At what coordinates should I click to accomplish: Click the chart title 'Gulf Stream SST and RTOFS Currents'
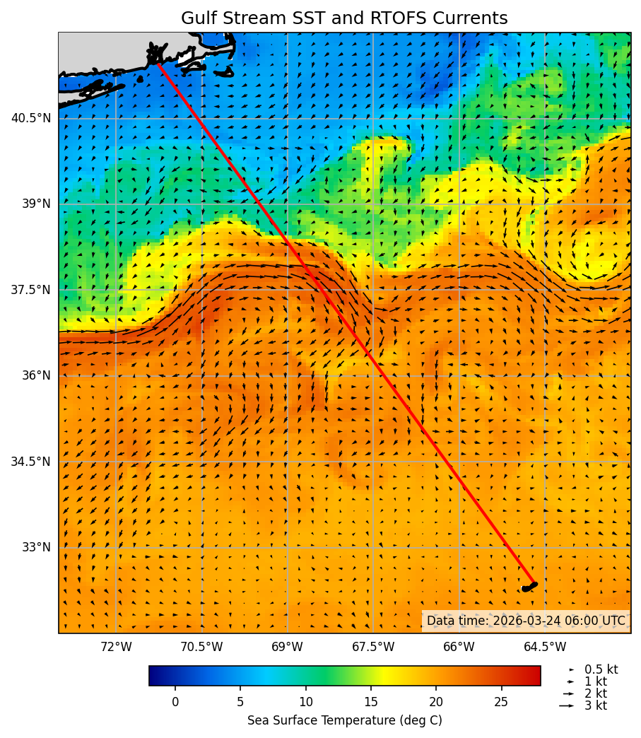(x=344, y=18)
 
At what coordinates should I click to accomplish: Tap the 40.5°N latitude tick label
(x=31, y=118)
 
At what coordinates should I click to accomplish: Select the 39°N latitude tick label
(x=35, y=204)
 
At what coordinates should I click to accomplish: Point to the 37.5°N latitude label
(x=31, y=290)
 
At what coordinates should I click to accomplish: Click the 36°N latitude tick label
(x=35, y=375)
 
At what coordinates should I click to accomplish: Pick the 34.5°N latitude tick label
(x=31, y=462)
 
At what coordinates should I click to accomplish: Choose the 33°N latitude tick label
(x=35, y=547)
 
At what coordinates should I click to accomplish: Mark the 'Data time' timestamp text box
(x=526, y=621)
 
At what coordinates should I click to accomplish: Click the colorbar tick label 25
(x=502, y=702)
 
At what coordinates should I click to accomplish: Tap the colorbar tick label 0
(x=175, y=702)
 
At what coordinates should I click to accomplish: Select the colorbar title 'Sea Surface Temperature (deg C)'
(x=344, y=720)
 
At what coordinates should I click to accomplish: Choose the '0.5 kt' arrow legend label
(x=601, y=669)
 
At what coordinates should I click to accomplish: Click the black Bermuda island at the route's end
(x=529, y=587)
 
